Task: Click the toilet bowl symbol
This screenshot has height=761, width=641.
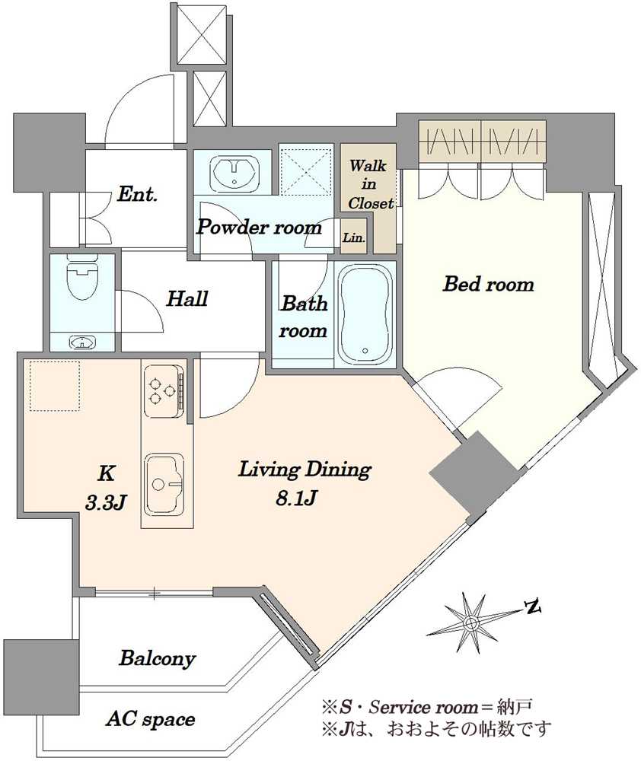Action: (82, 281)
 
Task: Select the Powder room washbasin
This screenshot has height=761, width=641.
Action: (234, 172)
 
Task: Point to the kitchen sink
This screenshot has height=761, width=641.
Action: (164, 483)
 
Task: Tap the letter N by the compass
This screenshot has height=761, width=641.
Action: (533, 607)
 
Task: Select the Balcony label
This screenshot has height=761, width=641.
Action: (158, 658)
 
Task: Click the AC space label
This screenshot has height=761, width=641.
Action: (151, 719)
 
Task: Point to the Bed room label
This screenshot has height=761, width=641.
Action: (489, 284)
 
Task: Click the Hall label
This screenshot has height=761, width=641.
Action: (187, 298)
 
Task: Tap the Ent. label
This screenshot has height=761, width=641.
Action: (138, 195)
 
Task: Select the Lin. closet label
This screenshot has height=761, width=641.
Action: (354, 238)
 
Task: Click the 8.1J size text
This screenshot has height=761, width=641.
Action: (297, 498)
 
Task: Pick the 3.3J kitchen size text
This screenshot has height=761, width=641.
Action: (106, 503)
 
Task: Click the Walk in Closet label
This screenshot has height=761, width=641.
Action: (371, 184)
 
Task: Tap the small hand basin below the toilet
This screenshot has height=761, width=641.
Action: (82, 342)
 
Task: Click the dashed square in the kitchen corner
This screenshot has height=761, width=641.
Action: (55, 386)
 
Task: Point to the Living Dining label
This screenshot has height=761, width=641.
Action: (305, 470)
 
